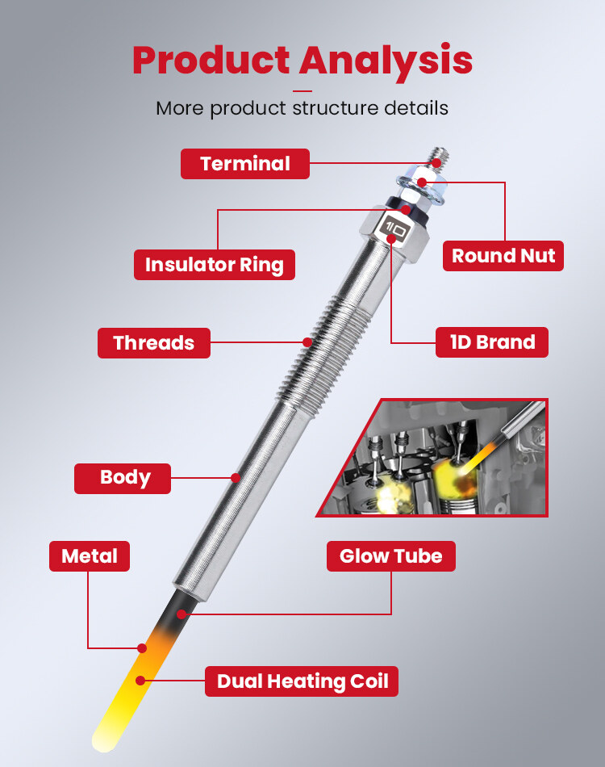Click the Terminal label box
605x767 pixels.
245,164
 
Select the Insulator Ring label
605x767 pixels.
215,265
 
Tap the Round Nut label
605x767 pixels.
503,256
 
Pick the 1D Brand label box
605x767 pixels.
492,342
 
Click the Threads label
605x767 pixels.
154,343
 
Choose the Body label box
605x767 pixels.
123,479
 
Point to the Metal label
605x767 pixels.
90,556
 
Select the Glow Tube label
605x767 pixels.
391,556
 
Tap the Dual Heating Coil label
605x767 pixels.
302,681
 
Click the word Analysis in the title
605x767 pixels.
386,61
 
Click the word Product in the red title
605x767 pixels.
211,60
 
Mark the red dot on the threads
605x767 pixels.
307,342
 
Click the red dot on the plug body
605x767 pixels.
236,478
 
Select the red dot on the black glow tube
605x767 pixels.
181,614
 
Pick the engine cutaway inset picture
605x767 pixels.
432,457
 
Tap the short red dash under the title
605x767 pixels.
302,91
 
